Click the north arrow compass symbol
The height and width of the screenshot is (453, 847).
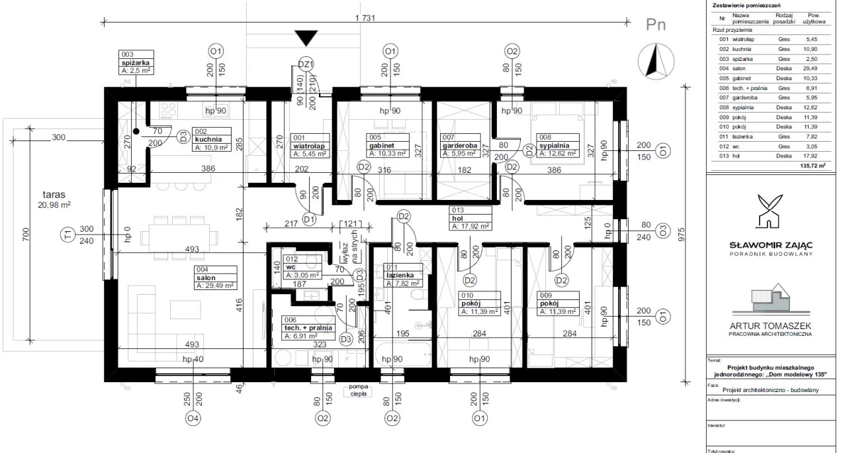pos(656,60)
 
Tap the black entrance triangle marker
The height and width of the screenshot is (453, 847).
pos(306,38)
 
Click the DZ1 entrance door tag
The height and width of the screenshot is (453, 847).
pos(306,64)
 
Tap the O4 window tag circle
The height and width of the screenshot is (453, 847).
pos(193,418)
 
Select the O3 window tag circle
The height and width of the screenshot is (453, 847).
pos(662,230)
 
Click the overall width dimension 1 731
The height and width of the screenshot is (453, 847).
pos(365,19)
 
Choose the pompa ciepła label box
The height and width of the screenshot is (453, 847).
pos(357,389)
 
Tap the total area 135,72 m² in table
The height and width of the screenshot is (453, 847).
pos(813,166)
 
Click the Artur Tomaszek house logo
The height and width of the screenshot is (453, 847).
pos(770,299)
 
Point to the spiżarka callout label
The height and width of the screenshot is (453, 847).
pos(138,64)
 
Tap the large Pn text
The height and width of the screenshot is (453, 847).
pos(655,25)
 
